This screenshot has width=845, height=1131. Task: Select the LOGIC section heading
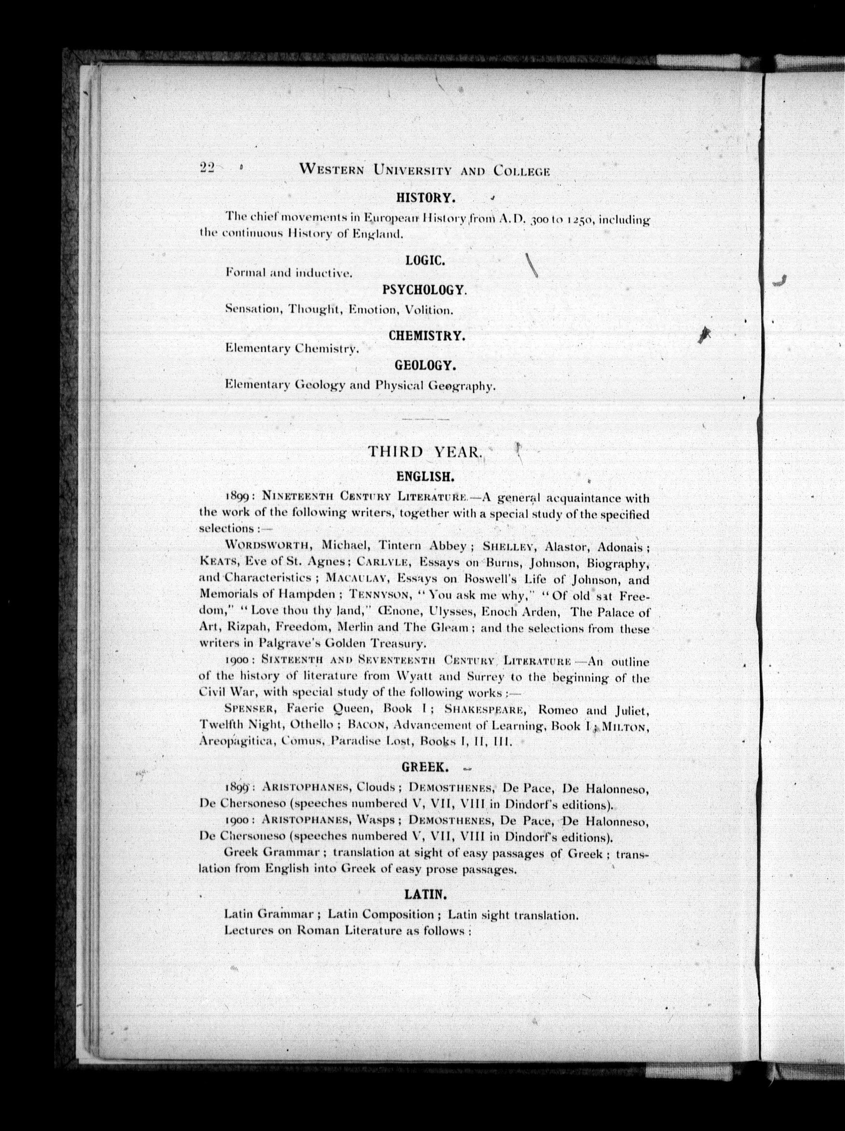click(425, 260)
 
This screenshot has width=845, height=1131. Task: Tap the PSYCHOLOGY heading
click(425, 290)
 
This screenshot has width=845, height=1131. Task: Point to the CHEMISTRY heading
click(426, 336)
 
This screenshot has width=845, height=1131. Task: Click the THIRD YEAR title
click(425, 452)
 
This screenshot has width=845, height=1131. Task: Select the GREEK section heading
click(425, 768)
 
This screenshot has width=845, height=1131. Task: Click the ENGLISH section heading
click(425, 477)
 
